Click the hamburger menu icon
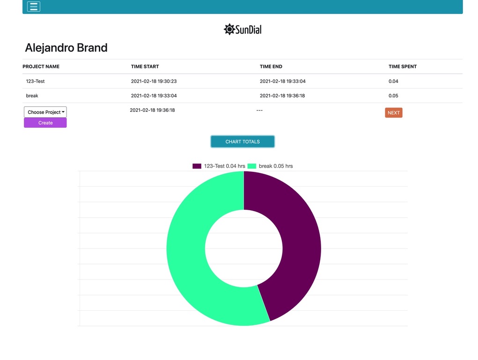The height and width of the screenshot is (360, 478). coord(34,7)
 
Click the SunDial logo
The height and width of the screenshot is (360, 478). coord(243,29)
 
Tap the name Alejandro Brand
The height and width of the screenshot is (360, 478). coord(66,48)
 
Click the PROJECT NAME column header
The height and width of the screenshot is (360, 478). coord(41,66)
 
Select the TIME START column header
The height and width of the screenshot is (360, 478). coord(145,66)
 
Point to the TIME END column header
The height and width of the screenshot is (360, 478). coord(271,66)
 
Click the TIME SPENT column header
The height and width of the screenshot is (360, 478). coord(402,66)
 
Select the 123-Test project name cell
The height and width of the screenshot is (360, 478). coord(35,81)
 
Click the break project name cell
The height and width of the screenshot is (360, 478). coord(32,96)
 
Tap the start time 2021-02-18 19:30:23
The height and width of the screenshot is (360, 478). coord(154,81)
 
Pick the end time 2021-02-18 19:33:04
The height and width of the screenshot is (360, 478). coord(282,81)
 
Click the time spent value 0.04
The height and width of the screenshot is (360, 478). coord(393,81)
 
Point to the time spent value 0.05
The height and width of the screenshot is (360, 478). coord(393,96)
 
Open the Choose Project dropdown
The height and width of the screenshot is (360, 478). coord(45,112)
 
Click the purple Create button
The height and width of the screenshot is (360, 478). coord(45,123)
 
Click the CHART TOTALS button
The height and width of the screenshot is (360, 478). coord(243,141)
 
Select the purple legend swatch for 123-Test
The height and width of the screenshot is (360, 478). coord(197,166)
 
